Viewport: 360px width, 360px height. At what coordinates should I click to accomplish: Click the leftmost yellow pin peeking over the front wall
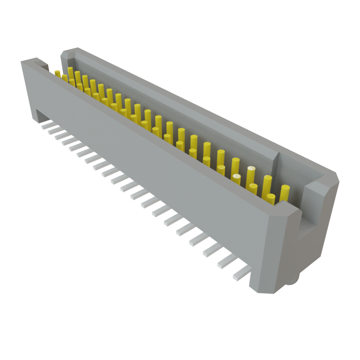click(x=57, y=73)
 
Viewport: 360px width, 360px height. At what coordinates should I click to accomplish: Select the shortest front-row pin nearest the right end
click(x=271, y=199)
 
